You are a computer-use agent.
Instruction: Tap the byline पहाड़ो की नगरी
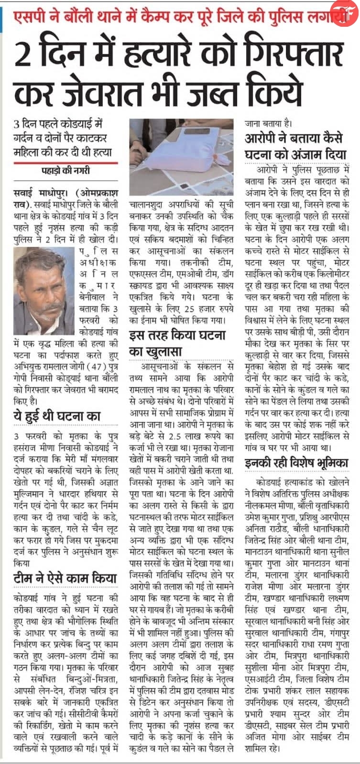point(65,171)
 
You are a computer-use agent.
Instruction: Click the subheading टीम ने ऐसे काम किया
point(62,579)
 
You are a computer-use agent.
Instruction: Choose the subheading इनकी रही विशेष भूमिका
point(296,462)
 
